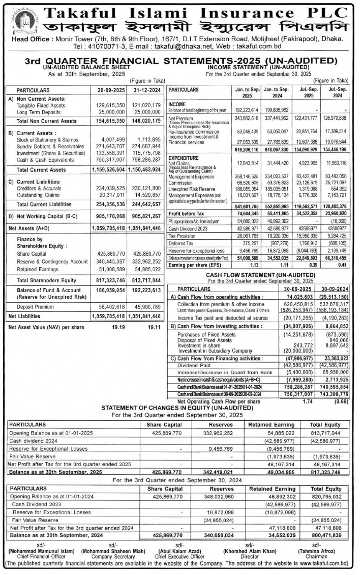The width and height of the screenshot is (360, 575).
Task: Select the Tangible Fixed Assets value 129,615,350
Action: [110, 105]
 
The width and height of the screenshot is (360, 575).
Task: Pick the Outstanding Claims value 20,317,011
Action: [110, 195]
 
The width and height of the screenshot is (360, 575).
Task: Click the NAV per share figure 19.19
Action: [118, 328]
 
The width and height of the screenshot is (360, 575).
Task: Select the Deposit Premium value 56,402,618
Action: [110, 307]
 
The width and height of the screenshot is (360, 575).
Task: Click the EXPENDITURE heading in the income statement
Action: [183, 158]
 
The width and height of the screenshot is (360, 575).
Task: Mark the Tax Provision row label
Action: [182, 236]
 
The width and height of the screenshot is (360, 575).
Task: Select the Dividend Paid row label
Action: [194, 366]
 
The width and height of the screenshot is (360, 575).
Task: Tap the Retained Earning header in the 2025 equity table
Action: [271, 425]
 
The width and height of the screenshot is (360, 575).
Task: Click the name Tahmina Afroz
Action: [317, 551]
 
